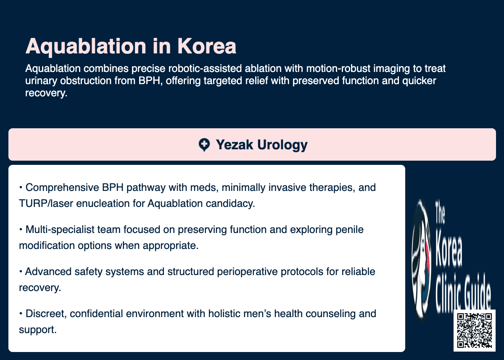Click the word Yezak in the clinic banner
(234, 145)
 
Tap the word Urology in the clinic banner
(282, 145)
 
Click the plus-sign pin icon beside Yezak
(204, 145)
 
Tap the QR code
(475, 331)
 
